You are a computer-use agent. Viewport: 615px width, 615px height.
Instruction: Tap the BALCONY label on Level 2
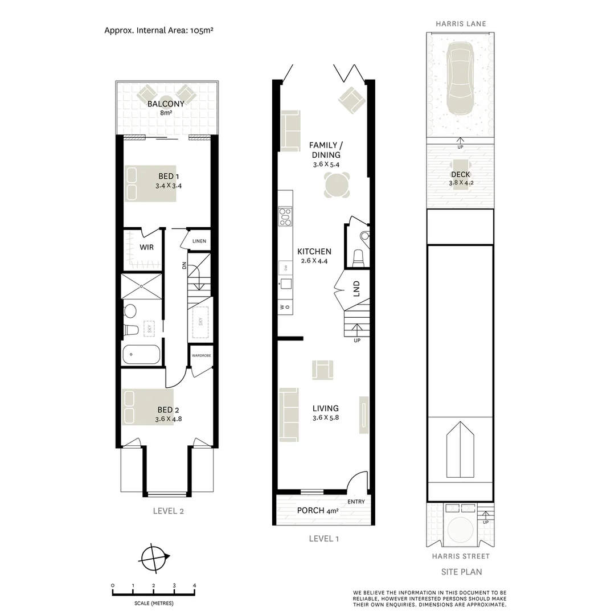point(166,104)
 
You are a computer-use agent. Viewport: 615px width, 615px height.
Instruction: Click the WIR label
point(147,248)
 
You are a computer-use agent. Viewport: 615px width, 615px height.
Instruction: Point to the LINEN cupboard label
point(199,241)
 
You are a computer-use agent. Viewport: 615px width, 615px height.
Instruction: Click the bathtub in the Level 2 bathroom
point(141,355)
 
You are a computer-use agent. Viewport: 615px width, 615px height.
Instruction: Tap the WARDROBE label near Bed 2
point(202,355)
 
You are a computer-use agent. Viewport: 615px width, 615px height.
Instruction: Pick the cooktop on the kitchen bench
point(285,217)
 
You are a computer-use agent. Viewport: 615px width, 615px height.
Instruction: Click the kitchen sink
point(285,284)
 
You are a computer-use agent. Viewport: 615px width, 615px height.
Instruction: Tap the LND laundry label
point(357,289)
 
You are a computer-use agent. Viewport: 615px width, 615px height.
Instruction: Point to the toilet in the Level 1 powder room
point(359,257)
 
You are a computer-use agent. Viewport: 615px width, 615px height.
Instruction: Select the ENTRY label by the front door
point(356,502)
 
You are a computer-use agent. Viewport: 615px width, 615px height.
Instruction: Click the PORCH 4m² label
point(318,511)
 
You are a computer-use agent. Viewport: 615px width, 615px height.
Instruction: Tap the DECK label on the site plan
point(460,175)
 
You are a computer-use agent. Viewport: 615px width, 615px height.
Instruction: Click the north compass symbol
point(154,556)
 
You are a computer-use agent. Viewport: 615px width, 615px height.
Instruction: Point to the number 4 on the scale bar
point(194,585)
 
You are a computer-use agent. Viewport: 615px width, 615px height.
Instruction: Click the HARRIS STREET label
point(460,556)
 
